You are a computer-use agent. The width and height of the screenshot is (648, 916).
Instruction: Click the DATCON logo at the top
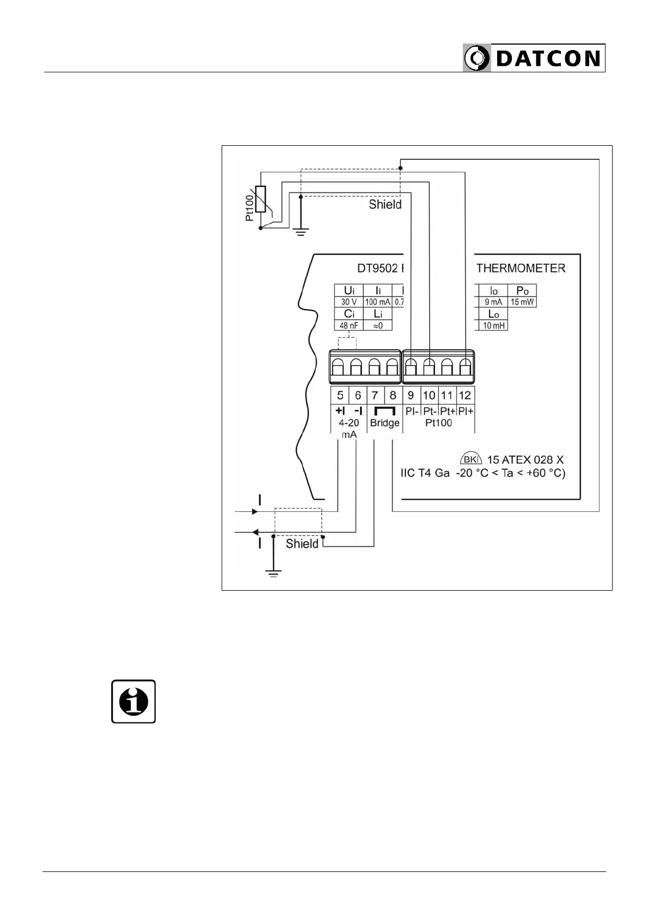(534, 58)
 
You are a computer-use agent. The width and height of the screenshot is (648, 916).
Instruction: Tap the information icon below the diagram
(133, 701)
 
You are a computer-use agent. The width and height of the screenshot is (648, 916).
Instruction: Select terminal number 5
(340, 395)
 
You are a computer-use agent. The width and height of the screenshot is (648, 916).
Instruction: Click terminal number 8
(393, 395)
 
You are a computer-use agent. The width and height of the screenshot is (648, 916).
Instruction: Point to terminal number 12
(464, 395)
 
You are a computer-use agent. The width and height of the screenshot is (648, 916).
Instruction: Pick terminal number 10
(429, 395)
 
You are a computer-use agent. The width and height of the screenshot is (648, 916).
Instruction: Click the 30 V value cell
(349, 302)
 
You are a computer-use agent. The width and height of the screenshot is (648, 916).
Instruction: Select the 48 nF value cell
(349, 326)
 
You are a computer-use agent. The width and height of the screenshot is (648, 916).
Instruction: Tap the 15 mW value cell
(522, 302)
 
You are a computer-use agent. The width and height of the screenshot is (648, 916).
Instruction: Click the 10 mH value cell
(494, 326)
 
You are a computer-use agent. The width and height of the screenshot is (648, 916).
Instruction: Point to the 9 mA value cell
(493, 302)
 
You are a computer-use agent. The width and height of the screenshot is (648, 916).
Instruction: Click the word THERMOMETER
(521, 268)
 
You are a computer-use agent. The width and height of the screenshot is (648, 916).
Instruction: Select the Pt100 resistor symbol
(261, 199)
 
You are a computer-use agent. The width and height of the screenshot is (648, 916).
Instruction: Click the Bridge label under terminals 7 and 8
(384, 423)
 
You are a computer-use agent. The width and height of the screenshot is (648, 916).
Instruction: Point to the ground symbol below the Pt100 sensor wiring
(301, 232)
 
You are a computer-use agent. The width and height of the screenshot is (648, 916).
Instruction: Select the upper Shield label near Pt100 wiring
(385, 205)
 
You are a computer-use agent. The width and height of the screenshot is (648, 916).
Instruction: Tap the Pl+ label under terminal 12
(466, 411)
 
